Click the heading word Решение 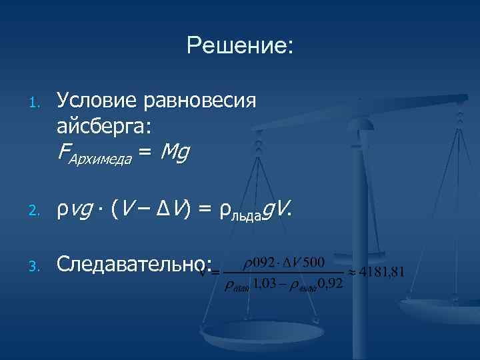239,45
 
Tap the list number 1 38,103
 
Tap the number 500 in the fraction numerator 311,261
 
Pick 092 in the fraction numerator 260,261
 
